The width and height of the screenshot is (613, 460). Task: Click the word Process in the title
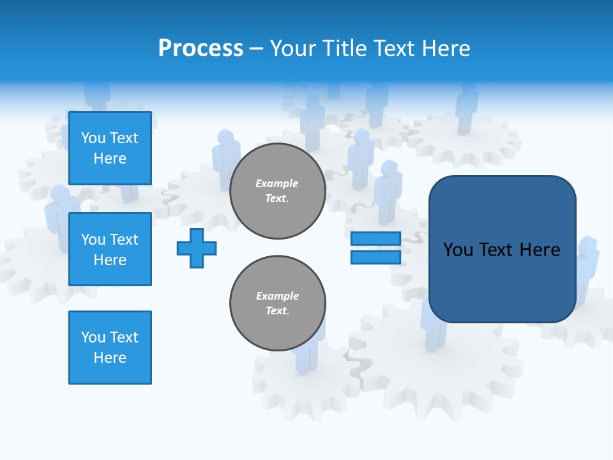(x=201, y=49)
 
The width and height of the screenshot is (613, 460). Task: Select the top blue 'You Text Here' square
(x=110, y=148)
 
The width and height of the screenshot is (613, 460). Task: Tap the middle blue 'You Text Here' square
(x=110, y=249)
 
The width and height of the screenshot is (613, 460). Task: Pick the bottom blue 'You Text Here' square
(x=110, y=348)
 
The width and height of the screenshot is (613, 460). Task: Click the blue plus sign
(x=197, y=248)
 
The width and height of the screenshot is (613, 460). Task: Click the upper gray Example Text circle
(x=277, y=191)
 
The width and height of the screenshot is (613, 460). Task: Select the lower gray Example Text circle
(x=277, y=303)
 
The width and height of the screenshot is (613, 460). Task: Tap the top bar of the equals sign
(x=375, y=239)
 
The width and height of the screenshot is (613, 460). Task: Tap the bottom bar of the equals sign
(x=375, y=257)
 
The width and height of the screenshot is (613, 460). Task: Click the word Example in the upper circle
(x=277, y=183)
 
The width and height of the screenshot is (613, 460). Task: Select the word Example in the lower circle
(x=277, y=296)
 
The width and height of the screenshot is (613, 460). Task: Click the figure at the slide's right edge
(x=588, y=268)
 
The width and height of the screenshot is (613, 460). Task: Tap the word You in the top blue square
(x=93, y=138)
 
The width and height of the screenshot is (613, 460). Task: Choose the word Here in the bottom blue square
(x=110, y=358)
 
